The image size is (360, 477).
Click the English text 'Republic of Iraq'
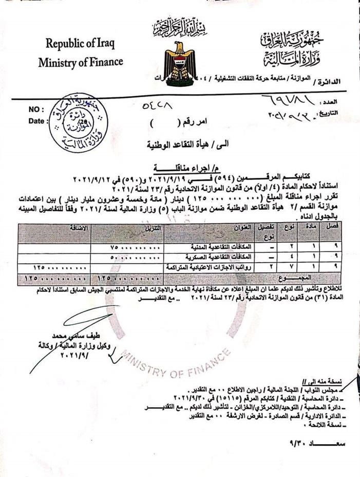pos(81,43)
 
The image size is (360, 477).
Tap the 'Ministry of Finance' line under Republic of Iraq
pos(81,62)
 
